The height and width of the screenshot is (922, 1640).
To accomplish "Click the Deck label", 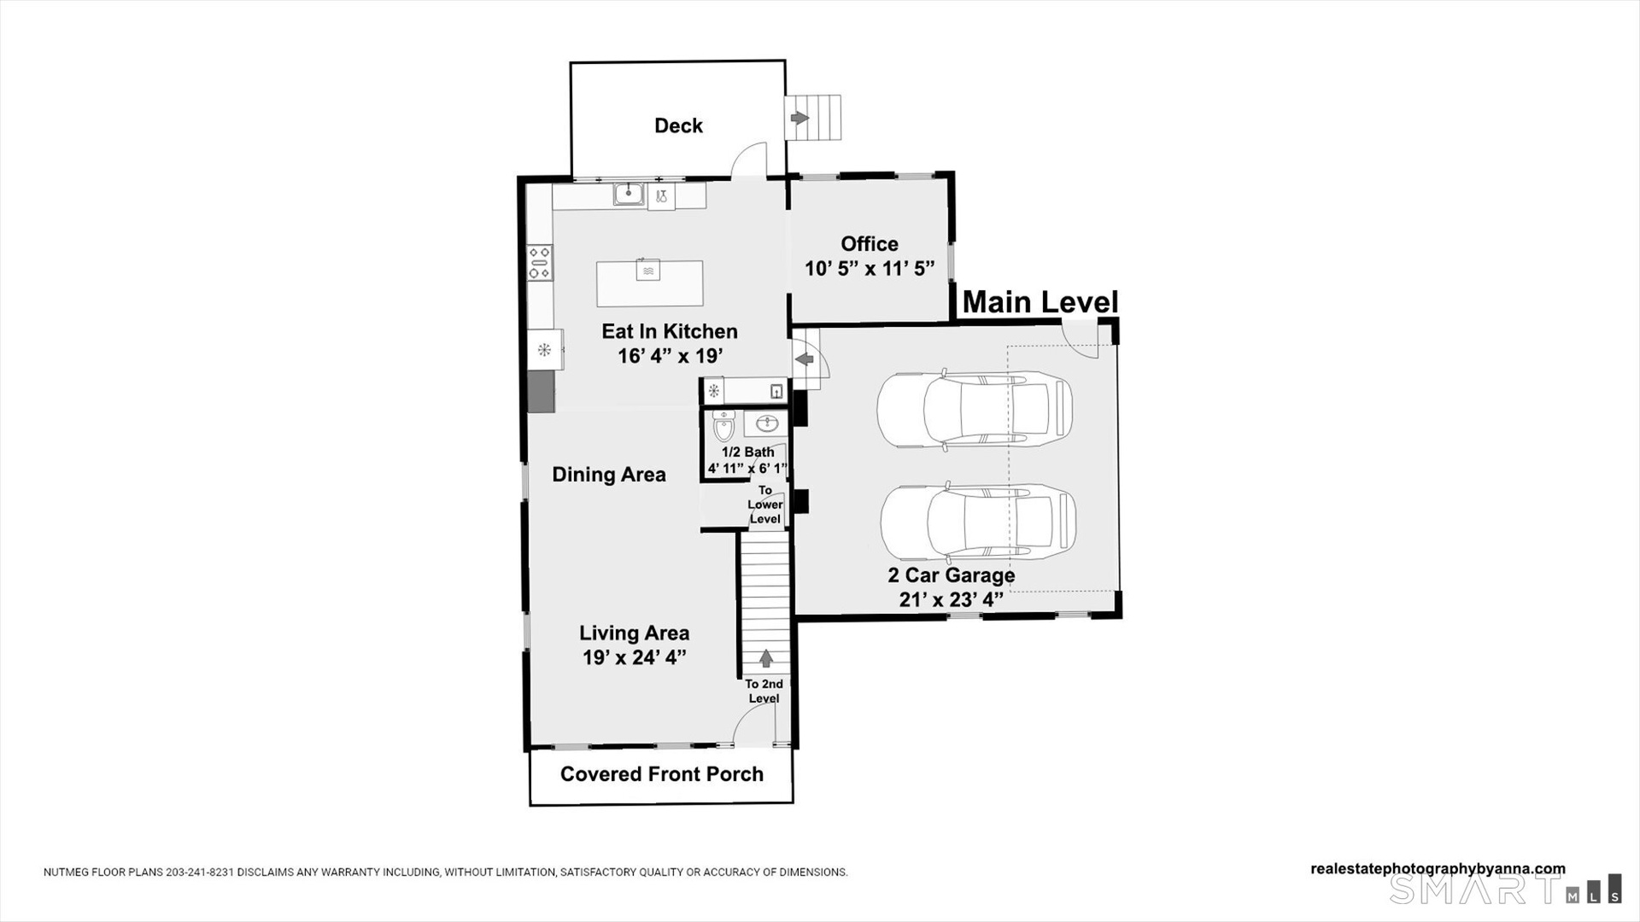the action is click(678, 125).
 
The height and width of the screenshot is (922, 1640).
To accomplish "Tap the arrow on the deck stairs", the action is click(799, 118).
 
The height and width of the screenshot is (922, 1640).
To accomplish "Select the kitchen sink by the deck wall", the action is click(629, 195).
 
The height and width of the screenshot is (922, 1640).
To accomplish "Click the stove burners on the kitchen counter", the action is click(539, 262).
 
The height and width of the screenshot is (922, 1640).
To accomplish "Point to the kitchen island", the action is click(649, 283).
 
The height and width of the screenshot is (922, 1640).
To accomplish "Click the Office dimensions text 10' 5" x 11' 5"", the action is click(870, 269).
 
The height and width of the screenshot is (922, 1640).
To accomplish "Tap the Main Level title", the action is click(1040, 302).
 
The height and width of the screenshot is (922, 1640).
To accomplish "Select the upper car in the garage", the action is click(975, 409).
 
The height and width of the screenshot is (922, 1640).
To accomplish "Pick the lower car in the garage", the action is click(978, 523).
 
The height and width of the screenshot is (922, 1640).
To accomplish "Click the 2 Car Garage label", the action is click(952, 575).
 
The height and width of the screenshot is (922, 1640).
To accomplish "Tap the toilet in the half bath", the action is click(723, 425).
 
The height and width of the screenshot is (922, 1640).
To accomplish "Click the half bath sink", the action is click(766, 423).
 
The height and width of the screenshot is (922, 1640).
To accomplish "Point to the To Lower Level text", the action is click(765, 505).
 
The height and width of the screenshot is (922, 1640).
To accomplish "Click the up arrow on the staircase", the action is click(766, 658).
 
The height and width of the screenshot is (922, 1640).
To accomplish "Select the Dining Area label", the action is click(609, 475).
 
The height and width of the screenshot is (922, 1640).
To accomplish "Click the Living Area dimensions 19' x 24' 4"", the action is click(635, 657).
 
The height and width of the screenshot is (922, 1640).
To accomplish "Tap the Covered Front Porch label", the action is click(662, 774).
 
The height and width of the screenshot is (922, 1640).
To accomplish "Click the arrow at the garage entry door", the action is click(804, 359).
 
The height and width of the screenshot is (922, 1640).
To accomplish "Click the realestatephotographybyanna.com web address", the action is click(1438, 869).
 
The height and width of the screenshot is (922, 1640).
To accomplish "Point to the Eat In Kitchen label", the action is click(670, 331).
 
